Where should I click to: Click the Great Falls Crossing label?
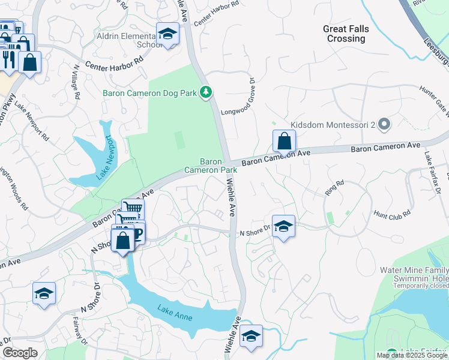tap(346, 34)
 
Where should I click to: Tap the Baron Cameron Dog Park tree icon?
tap(206, 92)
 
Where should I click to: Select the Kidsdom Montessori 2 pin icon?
tap(385, 125)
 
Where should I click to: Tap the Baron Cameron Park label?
tap(211, 166)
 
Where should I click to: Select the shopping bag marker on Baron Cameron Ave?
tap(284, 142)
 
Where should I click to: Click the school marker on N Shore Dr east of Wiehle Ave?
tap(283, 226)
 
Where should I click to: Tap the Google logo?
tap(20, 353)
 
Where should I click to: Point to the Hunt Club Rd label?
tap(391, 213)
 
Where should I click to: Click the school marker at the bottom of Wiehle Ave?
tap(251, 335)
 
